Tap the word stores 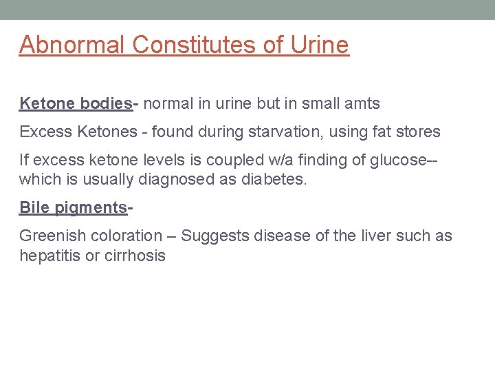tap(421, 132)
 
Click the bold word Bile tap(33, 207)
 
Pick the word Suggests tap(216, 236)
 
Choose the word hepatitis tap(46, 256)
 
